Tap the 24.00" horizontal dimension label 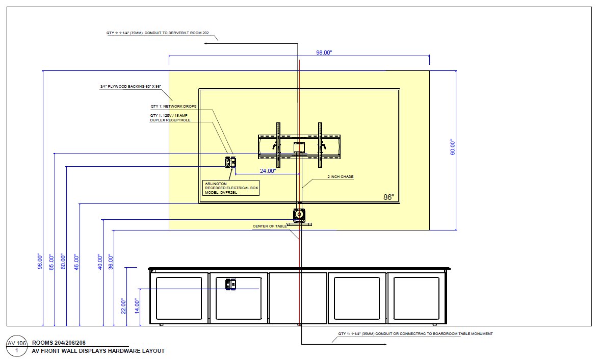(x=267, y=171)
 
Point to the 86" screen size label (x=389, y=197)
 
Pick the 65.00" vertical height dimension (x=51, y=262)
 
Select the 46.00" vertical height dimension (x=76, y=262)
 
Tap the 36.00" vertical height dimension (x=111, y=262)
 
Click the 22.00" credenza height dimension (x=123, y=306)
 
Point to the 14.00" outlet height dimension (x=137, y=306)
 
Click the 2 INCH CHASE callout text (x=340, y=177)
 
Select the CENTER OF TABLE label (x=270, y=226)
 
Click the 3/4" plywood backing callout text (x=131, y=87)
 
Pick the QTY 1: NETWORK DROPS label (x=173, y=107)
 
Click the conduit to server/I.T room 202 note (x=158, y=33)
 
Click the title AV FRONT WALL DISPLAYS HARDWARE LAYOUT (x=98, y=351)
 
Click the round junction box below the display (x=299, y=214)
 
